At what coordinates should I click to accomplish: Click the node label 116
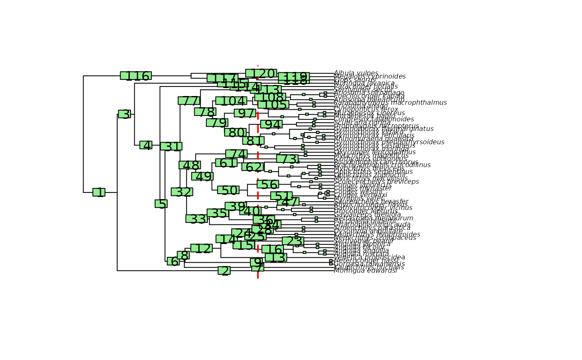[136, 76]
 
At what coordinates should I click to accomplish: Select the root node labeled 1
[99, 192]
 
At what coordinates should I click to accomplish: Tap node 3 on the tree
[124, 114]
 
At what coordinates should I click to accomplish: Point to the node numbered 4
[146, 145]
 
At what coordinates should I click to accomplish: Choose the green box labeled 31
[171, 146]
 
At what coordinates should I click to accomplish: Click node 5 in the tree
[161, 204]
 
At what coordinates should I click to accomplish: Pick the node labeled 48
[190, 165]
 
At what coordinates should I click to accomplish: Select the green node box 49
[202, 176]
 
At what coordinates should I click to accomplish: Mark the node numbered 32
[182, 192]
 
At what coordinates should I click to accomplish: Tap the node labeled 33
[197, 219]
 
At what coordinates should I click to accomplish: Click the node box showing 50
[228, 190]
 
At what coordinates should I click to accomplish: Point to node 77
[189, 101]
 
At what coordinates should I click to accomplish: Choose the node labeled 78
[205, 112]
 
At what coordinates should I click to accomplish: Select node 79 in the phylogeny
[217, 123]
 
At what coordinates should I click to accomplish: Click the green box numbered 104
[231, 101]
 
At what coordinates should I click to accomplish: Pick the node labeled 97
[245, 113]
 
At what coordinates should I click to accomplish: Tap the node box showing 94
[271, 124]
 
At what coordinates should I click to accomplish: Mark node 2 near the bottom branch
[224, 271]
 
